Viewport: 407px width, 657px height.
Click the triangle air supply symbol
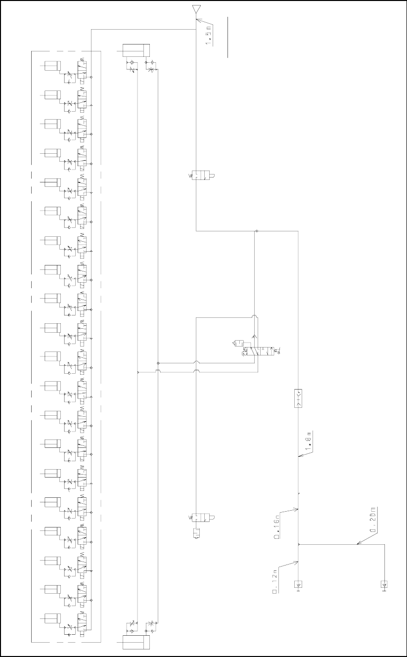pyautogui.click(x=197, y=9)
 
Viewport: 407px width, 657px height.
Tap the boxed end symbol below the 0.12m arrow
pyautogui.click(x=299, y=585)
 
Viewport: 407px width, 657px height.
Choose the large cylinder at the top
pyautogui.click(x=136, y=50)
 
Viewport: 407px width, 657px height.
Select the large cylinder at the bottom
pyautogui.click(x=136, y=642)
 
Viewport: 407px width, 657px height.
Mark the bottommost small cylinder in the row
pyautogui.click(x=52, y=619)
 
